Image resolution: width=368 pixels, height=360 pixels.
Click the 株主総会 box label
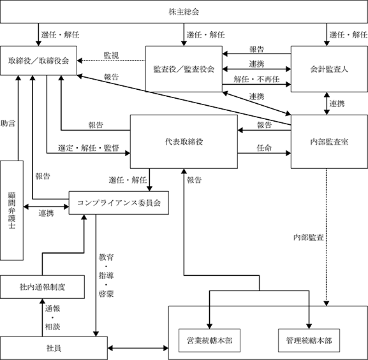[184, 11]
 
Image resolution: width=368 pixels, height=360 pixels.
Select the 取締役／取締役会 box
[38, 61]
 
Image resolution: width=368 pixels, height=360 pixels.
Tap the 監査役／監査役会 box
[184, 69]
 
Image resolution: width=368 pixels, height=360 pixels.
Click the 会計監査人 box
[329, 69]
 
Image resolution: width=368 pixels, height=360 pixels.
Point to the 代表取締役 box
[184, 141]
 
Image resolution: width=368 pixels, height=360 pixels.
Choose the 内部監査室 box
[329, 141]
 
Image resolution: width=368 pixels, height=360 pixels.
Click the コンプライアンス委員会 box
[119, 203]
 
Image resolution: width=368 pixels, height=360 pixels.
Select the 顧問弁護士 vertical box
[11, 210]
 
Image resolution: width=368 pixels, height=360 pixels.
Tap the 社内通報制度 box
[42, 287]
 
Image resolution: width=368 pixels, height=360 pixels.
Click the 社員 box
[54, 348]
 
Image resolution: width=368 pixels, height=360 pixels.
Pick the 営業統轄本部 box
[209, 340]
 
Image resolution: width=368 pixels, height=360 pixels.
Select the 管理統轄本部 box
[309, 340]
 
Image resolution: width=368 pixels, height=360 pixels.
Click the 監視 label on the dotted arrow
[111, 55]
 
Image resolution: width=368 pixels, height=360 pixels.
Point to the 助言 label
[8, 123]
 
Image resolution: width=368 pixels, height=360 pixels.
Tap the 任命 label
[264, 148]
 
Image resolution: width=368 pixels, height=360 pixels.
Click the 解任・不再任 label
[256, 79]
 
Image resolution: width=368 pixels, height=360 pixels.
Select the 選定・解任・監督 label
[89, 148]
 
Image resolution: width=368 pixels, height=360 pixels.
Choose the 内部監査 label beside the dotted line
[309, 237]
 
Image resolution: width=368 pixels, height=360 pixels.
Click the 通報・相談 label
[52, 317]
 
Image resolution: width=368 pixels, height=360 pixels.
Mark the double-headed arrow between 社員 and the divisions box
[138, 348]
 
